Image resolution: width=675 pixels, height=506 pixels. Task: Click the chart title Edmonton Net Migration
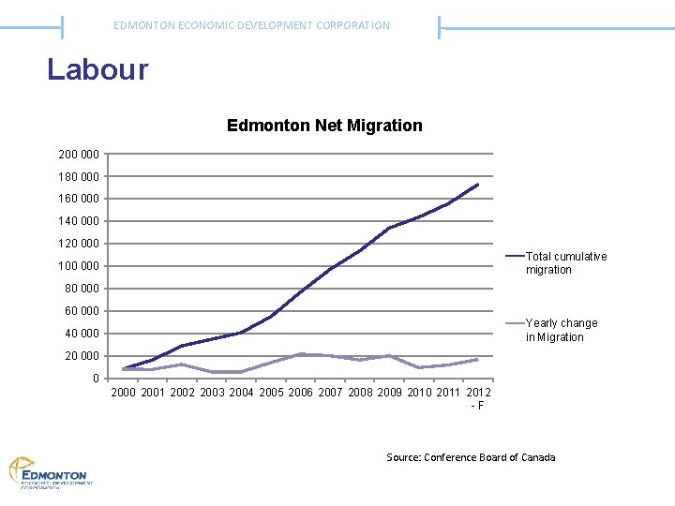pos(324,125)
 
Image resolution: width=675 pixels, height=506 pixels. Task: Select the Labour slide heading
pos(97,70)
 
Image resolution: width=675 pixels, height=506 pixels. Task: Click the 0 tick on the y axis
pos(95,379)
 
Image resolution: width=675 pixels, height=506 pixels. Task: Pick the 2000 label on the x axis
pos(124,392)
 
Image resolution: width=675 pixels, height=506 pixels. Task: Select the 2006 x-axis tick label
pos(301,392)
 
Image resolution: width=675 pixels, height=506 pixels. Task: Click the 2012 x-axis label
pos(478,392)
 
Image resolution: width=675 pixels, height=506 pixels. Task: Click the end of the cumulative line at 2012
pos(478,185)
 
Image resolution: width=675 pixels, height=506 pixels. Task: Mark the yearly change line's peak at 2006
pos(301,354)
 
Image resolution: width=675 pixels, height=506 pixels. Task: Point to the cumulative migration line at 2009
pos(389,228)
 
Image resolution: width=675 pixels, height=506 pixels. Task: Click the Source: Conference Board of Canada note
pos(471,457)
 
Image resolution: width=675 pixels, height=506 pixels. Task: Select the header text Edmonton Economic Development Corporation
pos(251,25)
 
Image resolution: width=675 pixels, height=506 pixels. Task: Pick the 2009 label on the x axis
pos(389,392)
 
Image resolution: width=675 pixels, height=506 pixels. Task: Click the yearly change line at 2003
pos(213,372)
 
